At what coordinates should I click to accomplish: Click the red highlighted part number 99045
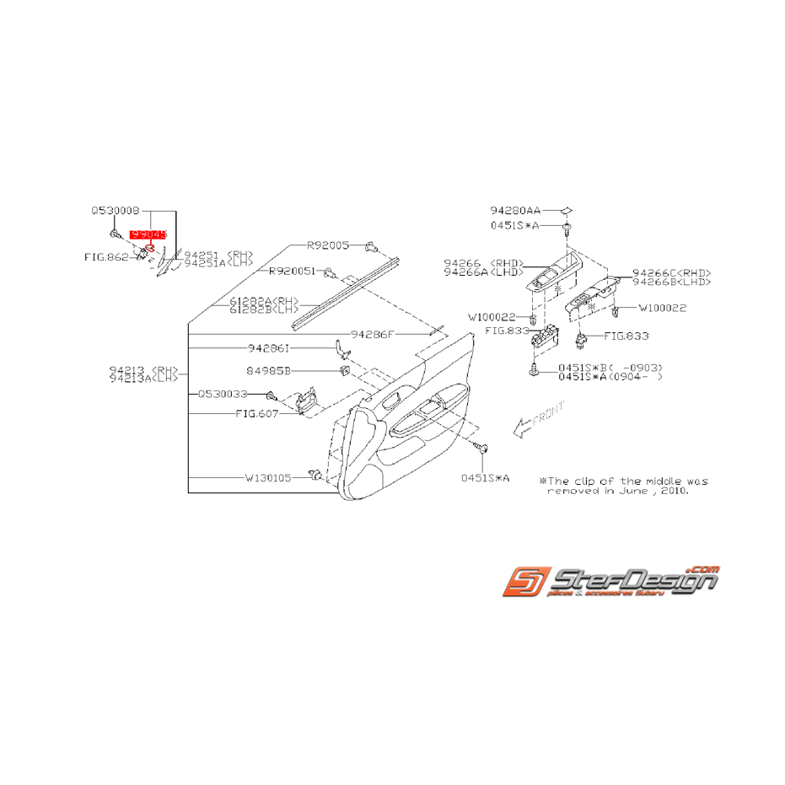tap(148, 238)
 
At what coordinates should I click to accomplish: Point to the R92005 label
tap(328, 245)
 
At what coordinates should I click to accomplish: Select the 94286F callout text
tap(373, 334)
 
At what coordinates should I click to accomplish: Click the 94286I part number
tap(269, 347)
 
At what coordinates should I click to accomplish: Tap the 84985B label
tap(269, 369)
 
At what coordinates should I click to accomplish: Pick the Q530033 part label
tap(223, 394)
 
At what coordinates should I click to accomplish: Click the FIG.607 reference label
tap(256, 414)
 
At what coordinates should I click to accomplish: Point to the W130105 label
tap(268, 477)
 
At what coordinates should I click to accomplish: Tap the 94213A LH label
tap(144, 379)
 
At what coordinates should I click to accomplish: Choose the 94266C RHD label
tap(672, 272)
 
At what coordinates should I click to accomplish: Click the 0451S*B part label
tap(579, 368)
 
